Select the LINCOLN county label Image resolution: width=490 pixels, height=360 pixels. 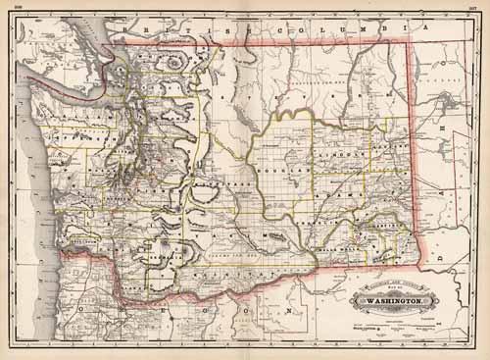tap(342, 155)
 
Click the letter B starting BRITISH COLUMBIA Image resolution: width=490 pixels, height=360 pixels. tap(146, 30)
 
